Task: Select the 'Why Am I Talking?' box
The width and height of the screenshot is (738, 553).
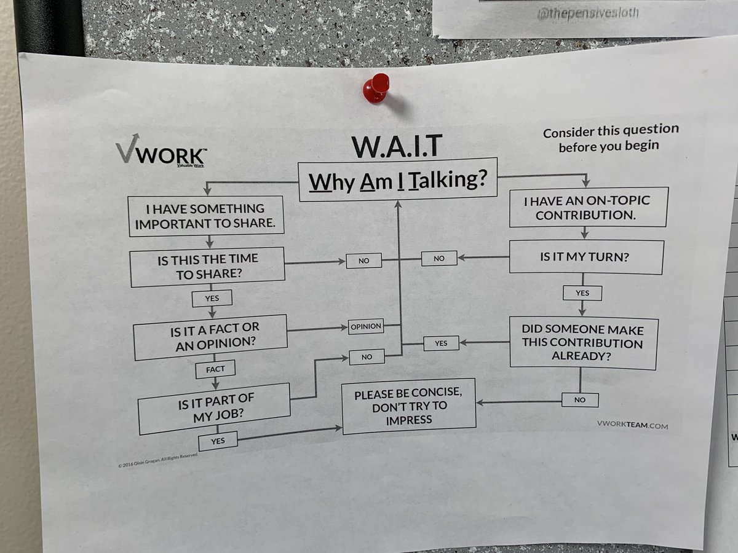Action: tap(397, 181)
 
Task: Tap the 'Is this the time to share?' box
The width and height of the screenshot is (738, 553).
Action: tap(208, 267)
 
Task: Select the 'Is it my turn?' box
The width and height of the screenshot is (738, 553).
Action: tap(585, 257)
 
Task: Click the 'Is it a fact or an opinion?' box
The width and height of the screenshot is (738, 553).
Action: tap(210, 337)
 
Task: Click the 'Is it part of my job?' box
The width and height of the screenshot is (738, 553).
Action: tap(214, 408)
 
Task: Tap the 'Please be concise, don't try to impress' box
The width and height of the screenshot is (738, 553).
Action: tap(409, 406)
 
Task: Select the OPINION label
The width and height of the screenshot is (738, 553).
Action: tap(366, 327)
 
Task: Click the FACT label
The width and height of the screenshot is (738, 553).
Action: tap(215, 369)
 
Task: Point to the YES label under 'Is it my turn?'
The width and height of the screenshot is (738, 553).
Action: tap(582, 293)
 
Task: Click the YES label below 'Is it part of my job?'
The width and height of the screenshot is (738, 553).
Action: tap(218, 441)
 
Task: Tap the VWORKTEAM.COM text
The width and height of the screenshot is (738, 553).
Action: tap(632, 425)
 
